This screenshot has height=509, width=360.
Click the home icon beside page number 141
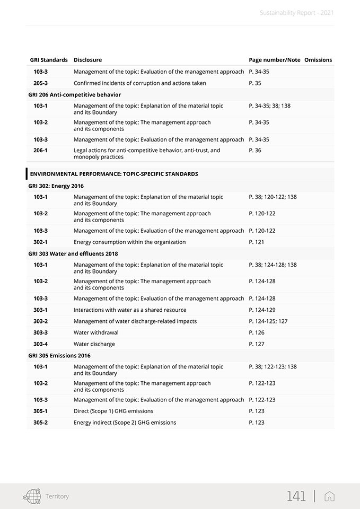329,496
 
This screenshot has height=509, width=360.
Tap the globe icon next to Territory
32,496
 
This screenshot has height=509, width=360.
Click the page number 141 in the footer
296,496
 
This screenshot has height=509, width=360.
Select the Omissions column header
318,60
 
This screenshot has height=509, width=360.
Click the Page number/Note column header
274,60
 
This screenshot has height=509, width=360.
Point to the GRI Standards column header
49,60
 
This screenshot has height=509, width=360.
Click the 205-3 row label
40,83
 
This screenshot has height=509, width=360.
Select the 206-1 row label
40,151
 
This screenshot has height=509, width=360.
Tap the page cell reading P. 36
255,151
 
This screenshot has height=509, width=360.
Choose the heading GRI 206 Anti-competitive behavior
74,95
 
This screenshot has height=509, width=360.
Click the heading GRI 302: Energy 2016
56,186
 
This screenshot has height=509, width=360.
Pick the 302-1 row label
40,242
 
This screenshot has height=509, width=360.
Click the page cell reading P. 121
257,242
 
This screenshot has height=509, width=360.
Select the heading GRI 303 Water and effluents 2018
73,254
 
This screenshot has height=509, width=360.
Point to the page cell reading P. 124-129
262,310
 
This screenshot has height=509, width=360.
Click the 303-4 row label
40,344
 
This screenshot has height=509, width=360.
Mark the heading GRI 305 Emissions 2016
59,356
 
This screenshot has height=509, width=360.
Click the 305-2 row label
40,423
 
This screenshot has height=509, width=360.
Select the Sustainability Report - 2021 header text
297,13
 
